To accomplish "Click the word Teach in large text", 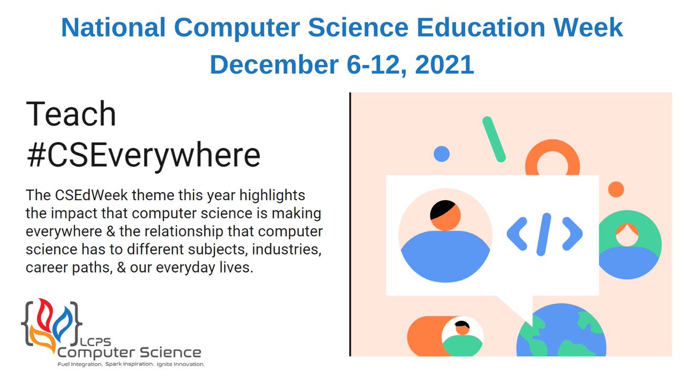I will pos(71,114).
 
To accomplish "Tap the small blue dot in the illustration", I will pos(441,153).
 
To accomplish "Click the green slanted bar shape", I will pos(494,139).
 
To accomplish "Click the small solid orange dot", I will pos(616,189).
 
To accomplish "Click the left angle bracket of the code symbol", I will pos(516,233).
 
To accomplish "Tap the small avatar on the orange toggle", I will pos(462,336).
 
